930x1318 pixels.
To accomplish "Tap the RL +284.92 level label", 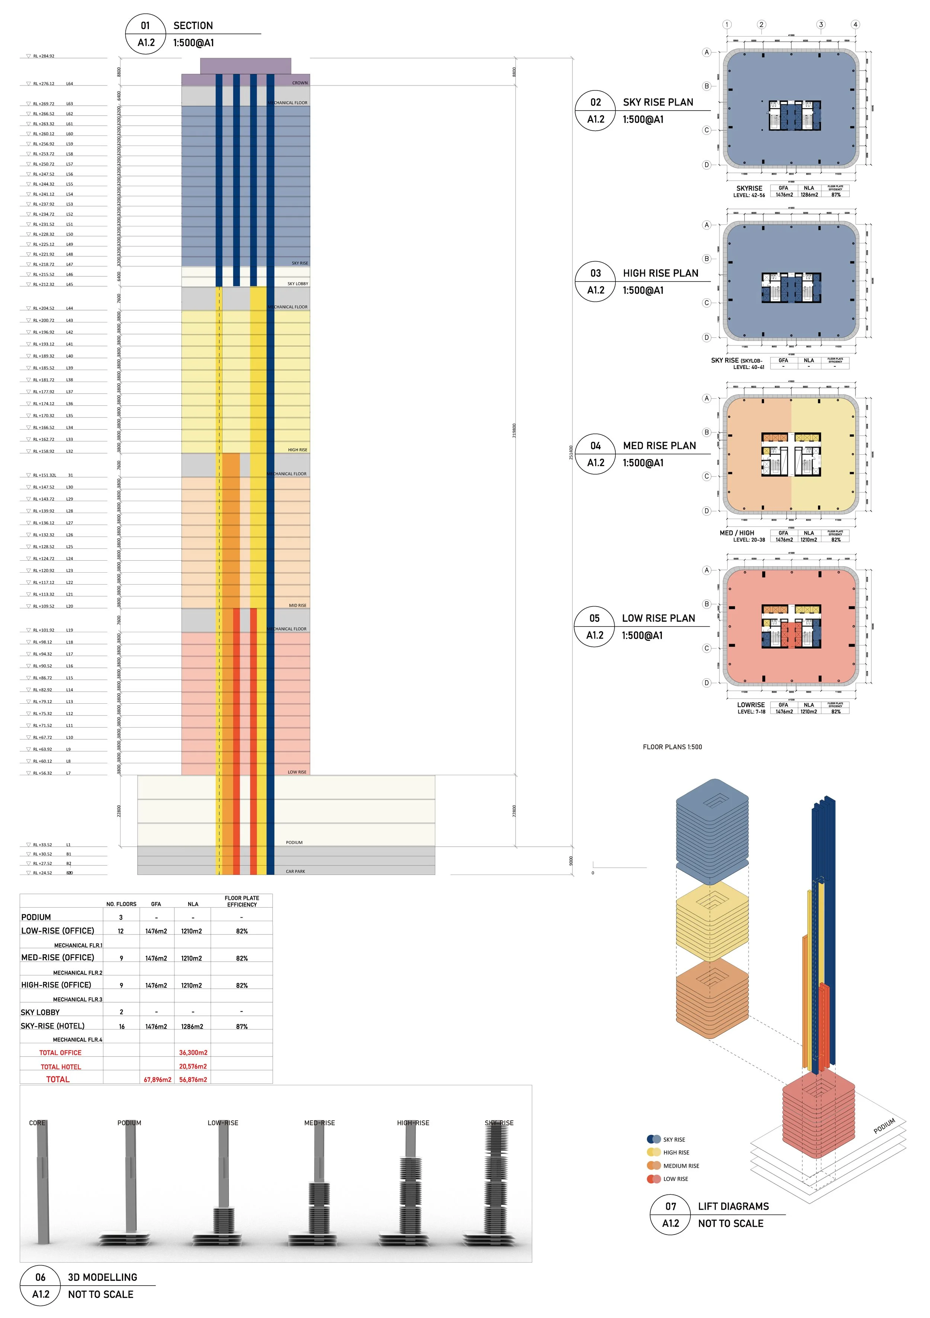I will [44, 56].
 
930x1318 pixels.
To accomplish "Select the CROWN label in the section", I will [299, 83].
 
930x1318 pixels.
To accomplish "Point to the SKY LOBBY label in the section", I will [297, 284].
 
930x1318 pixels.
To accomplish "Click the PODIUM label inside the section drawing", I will [294, 842].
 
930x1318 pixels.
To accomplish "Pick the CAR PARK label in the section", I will [295, 871].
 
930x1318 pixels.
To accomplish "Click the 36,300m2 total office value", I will [193, 1052].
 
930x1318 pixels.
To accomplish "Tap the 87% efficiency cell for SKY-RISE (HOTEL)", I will [241, 1026].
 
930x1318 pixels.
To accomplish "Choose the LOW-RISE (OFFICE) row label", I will [57, 930].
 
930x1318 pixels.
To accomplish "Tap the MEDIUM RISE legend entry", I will [681, 1165].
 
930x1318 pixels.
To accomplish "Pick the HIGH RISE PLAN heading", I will [660, 273].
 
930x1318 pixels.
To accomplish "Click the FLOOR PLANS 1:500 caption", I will [672, 747].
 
